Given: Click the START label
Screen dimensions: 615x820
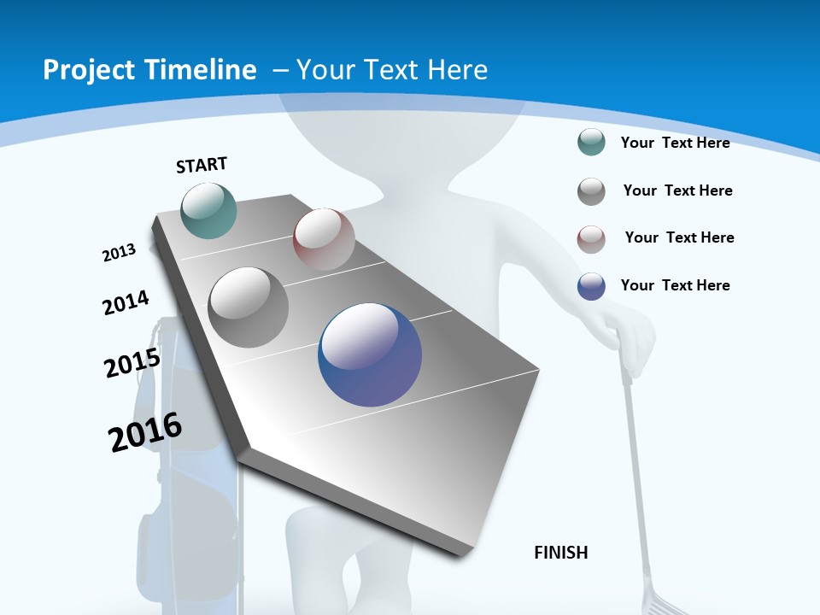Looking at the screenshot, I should (202, 164).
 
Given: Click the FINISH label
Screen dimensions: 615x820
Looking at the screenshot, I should (560, 553).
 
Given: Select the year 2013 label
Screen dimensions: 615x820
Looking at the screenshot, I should (120, 252).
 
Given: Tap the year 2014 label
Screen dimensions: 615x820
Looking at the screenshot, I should (126, 302).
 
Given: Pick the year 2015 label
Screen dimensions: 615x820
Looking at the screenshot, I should (132, 362).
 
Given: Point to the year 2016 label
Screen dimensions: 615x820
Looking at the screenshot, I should (145, 431).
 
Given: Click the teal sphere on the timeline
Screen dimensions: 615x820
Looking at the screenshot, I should (209, 210).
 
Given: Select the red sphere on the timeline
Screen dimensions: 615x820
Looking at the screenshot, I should (324, 238).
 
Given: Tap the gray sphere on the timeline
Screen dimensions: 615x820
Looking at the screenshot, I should (249, 307).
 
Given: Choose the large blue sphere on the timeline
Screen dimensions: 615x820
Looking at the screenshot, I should (370, 354).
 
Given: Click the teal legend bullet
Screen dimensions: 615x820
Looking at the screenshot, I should (591, 142).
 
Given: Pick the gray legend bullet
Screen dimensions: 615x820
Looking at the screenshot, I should (591, 191).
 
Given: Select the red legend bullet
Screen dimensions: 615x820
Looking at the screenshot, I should (591, 239).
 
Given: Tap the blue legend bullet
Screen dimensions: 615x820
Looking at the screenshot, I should (591, 286).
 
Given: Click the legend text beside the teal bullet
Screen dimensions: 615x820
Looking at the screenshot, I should (675, 143).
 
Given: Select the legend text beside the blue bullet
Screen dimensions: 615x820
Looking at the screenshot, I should (675, 285).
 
